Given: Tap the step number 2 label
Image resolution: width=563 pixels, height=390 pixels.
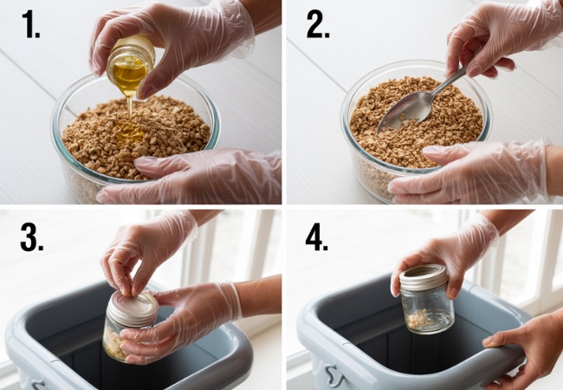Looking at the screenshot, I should (318, 25).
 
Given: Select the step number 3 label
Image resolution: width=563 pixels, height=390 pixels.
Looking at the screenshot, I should (32, 236).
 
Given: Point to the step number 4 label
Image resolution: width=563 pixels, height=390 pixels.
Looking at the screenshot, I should (317, 236).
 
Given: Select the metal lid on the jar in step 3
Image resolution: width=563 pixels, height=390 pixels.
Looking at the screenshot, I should (133, 308).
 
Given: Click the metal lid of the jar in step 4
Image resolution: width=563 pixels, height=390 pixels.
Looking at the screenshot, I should (424, 276).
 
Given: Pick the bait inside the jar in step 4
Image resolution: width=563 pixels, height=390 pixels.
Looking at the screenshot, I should (418, 320).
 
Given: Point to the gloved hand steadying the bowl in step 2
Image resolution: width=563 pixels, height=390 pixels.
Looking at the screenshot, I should (468, 173).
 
